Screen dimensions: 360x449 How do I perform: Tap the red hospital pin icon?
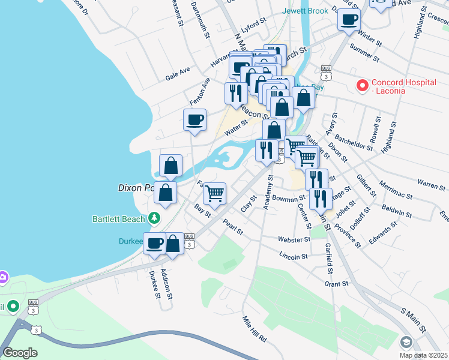point(361,86)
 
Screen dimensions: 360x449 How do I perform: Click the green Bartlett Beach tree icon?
point(155,218)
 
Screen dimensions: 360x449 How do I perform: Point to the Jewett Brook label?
point(306,11)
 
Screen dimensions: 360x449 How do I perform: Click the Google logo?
point(20,352)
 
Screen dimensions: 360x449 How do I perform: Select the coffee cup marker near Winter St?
point(349,19)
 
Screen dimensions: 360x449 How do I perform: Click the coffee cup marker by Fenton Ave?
point(194,119)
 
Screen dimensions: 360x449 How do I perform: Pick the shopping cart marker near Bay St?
point(214,193)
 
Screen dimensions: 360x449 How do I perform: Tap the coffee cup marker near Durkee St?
point(154,243)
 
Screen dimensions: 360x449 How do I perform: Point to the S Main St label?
point(413,321)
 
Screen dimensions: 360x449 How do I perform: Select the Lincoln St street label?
point(294,256)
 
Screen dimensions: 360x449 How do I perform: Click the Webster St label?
point(294,239)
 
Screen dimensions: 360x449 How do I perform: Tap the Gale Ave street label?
point(178,74)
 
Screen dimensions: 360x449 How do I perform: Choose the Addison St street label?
point(170,284)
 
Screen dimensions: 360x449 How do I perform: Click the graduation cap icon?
point(406,342)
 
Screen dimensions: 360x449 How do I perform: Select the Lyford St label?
point(253,25)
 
